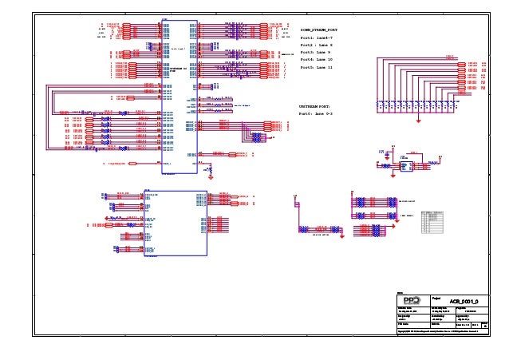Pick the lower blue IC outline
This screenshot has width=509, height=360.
click(173, 223)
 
